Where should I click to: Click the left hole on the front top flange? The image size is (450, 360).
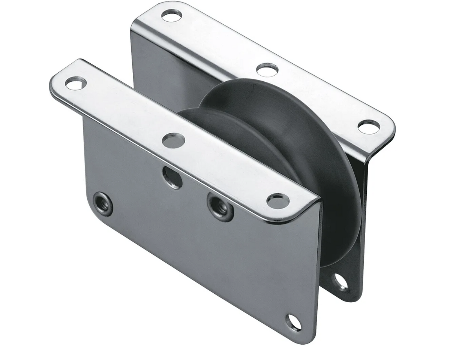point(75,83)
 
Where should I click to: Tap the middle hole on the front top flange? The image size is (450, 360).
point(173,140)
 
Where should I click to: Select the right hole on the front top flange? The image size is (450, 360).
point(278,201)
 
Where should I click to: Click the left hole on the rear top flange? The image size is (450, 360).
point(171,15)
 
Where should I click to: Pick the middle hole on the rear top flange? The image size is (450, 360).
point(267,70)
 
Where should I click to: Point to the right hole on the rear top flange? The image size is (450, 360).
point(369,127)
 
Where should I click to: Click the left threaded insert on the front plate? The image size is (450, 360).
point(103,204)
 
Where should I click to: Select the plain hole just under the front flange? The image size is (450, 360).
point(172,177)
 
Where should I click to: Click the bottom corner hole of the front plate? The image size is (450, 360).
point(294,322)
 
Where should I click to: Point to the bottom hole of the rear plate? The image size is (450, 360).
point(340,282)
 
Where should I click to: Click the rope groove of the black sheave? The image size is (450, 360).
point(277,150)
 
